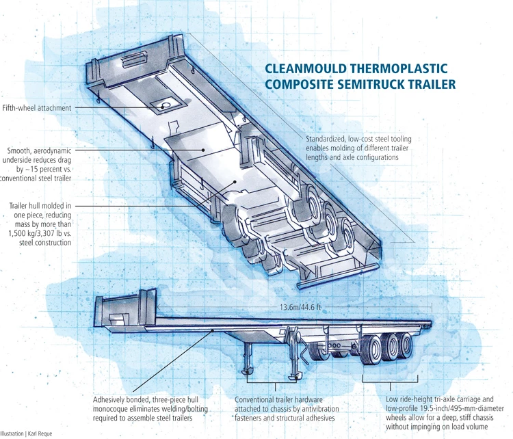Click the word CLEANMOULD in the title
[303, 70]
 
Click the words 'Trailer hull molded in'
[40, 205]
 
